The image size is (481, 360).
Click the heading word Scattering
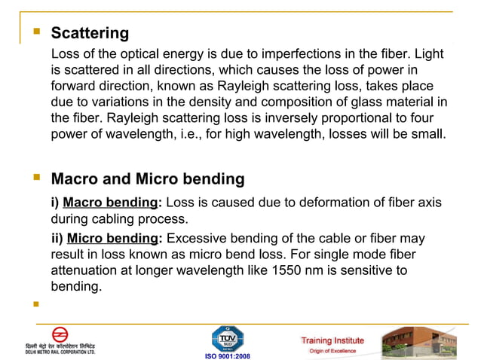click(x=90, y=33)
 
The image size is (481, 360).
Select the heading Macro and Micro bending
click(x=147, y=179)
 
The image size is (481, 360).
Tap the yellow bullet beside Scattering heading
click(x=35, y=32)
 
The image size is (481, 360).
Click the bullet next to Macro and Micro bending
click(x=35, y=178)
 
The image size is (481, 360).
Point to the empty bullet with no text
click(x=35, y=306)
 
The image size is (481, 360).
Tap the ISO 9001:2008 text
click(x=228, y=355)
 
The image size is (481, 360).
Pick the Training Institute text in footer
click(x=332, y=340)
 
